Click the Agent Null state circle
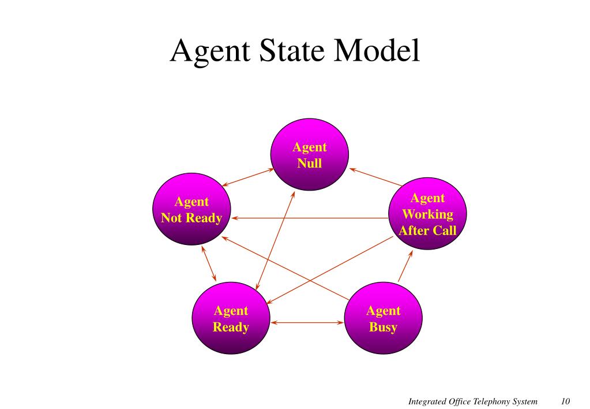[x=309, y=155]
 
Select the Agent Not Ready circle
[x=191, y=210]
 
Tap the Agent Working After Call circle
[x=427, y=214]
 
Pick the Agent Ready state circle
[x=231, y=319]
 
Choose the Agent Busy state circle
[x=383, y=319]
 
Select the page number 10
[x=565, y=401]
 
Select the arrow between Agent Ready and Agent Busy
[x=307, y=322]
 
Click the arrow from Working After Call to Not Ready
[x=311, y=218]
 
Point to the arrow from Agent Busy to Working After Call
[x=405, y=266]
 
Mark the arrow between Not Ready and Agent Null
[x=248, y=177]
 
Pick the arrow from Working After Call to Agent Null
[x=375, y=177]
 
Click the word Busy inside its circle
[x=383, y=328]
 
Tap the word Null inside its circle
[x=309, y=163]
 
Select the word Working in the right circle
[x=427, y=214]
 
